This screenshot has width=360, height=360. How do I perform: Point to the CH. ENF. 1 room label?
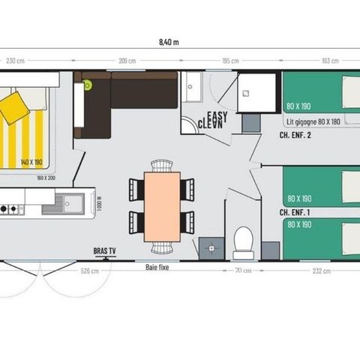point(295,212)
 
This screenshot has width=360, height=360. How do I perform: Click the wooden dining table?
point(162,205)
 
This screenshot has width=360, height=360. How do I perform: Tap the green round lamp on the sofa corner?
point(88,85)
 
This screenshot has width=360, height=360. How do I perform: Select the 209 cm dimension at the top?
point(127,61)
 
